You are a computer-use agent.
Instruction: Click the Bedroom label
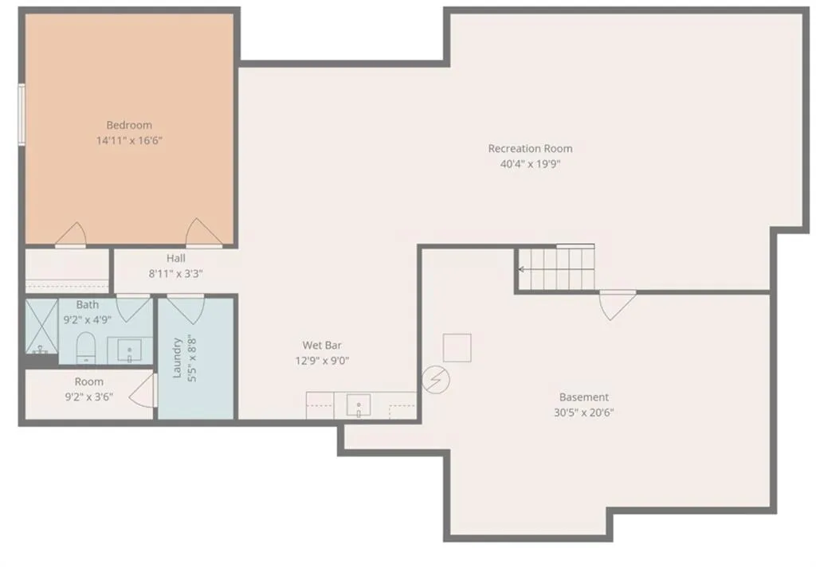[129, 125]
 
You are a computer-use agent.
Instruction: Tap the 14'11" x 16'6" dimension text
[130, 140]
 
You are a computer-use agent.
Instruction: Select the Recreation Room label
[530, 148]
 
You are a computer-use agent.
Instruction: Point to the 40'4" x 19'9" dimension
[530, 164]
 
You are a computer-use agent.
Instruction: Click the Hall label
[176, 258]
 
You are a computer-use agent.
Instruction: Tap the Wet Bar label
[322, 345]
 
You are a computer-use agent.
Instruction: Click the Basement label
[584, 397]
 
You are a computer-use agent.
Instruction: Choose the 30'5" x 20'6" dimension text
[584, 413]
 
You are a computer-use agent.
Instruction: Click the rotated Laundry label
[177, 358]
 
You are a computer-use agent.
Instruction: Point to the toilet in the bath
[86, 348]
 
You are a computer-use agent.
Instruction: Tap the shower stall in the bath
[41, 327]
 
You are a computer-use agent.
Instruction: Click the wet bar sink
[359, 405]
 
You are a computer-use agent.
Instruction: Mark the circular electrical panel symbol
[436, 379]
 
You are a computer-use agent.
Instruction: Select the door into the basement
[618, 305]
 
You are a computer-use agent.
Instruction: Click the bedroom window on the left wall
[22, 115]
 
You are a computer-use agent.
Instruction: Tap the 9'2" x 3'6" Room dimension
[89, 397]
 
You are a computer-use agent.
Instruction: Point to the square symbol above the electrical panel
[457, 347]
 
